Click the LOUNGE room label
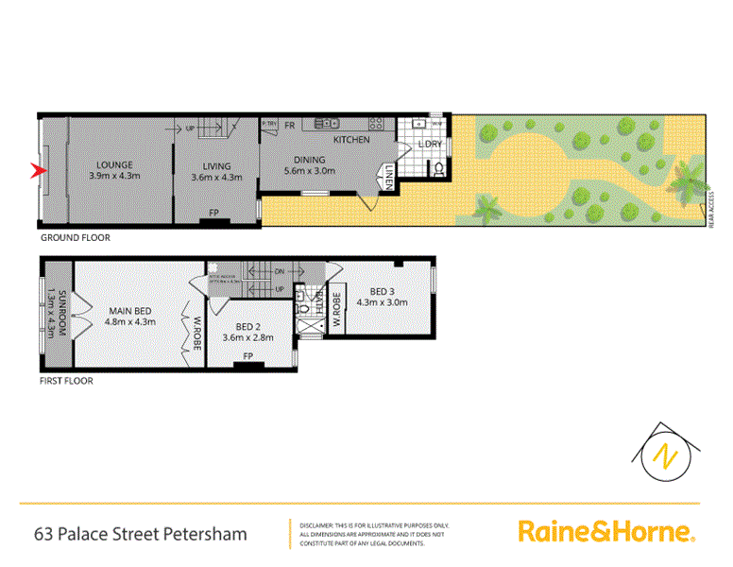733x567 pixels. pos(113,164)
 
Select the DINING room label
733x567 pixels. pos(309,160)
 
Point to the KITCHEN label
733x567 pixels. pos(350,140)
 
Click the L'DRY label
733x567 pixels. pos(430,144)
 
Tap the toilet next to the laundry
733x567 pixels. pos(436,171)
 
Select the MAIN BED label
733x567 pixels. pos(131,309)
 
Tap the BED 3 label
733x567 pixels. pos(383,291)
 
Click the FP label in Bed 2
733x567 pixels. pos(247,356)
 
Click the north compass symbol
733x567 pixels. pos(668,451)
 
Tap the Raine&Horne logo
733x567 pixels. pos(606,532)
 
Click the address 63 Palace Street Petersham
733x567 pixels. pos(140,534)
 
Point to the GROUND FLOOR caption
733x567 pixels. pos(75,238)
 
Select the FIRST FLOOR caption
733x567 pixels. pos(66,383)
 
